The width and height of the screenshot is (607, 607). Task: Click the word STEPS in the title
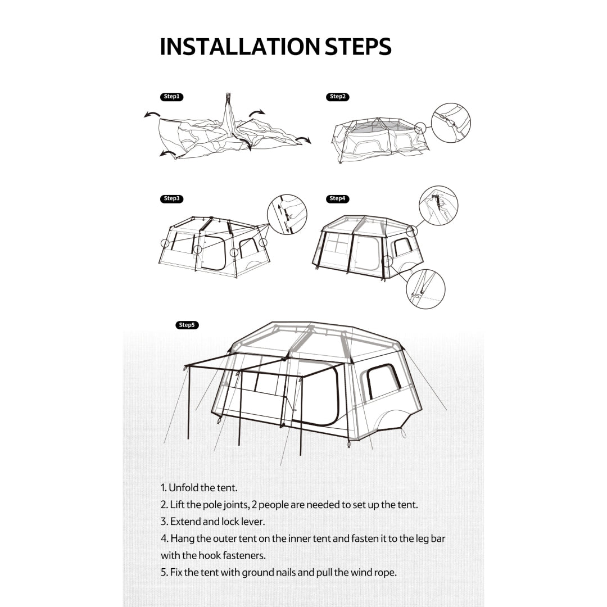click(x=357, y=47)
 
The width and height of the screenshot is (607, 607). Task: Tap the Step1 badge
click(x=171, y=97)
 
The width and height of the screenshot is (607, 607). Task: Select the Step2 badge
click(x=337, y=97)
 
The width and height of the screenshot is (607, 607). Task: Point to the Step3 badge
click(x=171, y=198)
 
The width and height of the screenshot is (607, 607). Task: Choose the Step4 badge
click(x=337, y=198)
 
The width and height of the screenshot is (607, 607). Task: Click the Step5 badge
click(x=187, y=325)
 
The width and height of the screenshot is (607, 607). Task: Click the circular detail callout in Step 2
click(x=451, y=123)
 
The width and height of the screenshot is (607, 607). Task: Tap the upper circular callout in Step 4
click(x=438, y=206)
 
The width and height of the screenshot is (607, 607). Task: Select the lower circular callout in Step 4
click(x=425, y=289)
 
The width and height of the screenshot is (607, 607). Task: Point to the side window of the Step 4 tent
click(x=402, y=247)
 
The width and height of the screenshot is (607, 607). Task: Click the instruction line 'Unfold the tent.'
click(x=199, y=488)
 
